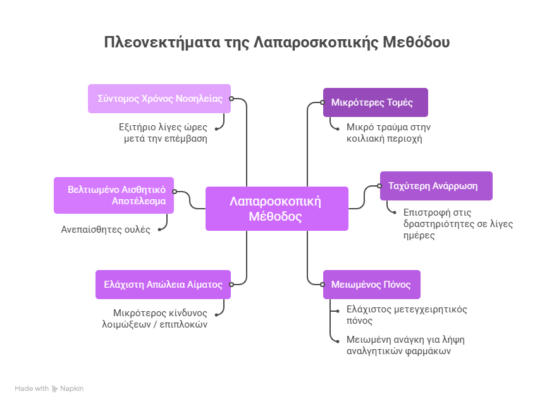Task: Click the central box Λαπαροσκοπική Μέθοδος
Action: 276,209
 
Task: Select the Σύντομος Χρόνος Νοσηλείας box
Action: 159,99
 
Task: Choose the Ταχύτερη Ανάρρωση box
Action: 436,186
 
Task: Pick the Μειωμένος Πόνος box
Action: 371,285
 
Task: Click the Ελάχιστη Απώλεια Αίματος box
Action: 163,285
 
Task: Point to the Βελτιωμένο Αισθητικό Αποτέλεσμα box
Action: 114,195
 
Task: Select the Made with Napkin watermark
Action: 49,388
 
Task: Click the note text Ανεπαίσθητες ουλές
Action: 106,230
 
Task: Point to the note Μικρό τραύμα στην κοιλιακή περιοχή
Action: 388,133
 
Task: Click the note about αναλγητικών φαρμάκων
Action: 405,345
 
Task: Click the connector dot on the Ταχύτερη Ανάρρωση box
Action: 380,186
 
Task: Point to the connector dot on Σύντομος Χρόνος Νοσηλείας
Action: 231,99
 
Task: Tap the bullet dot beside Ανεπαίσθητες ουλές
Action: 159,230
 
